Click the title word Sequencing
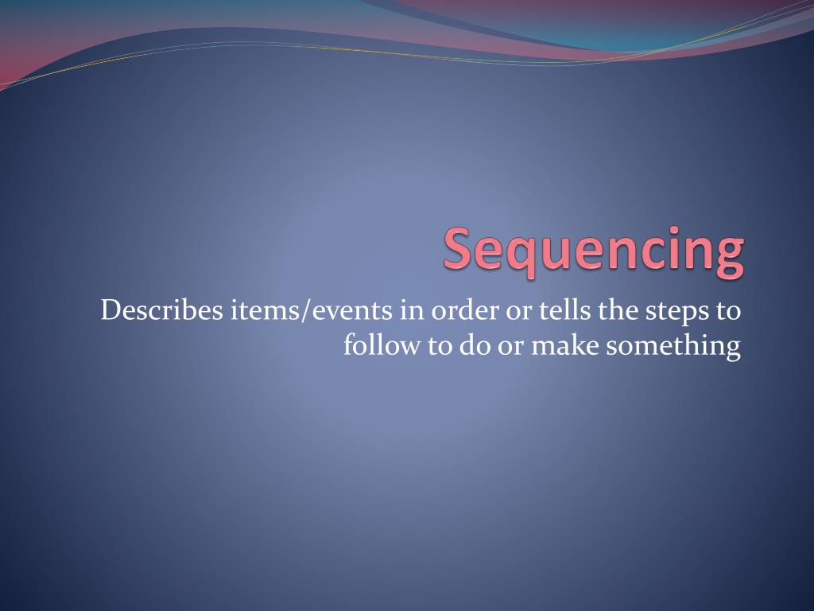point(594,250)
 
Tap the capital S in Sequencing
point(458,247)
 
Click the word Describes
point(163,310)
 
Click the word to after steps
point(727,310)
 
